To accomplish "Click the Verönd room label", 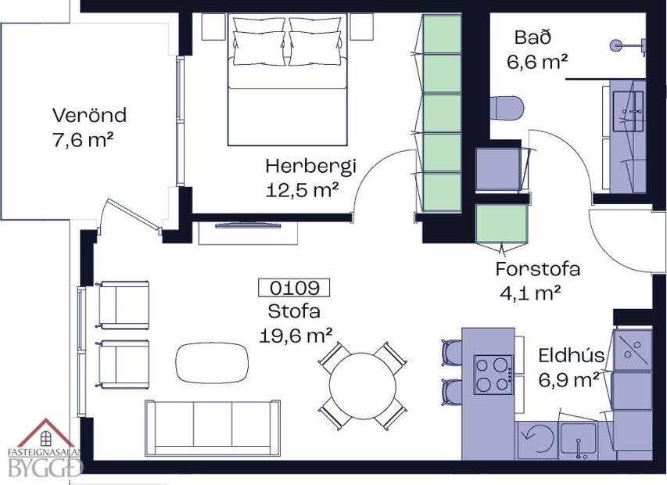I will pos(89,116).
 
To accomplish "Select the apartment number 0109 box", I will pos(294,288).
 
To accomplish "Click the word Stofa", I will pos(294,311).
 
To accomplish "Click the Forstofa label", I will pos(537,270).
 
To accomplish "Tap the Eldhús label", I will pos(571,357).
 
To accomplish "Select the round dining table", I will pos(362,386).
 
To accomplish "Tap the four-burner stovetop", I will pos(493,374).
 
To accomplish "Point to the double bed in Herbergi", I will pos(287,82).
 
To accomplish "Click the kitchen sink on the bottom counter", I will pos(577,440).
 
